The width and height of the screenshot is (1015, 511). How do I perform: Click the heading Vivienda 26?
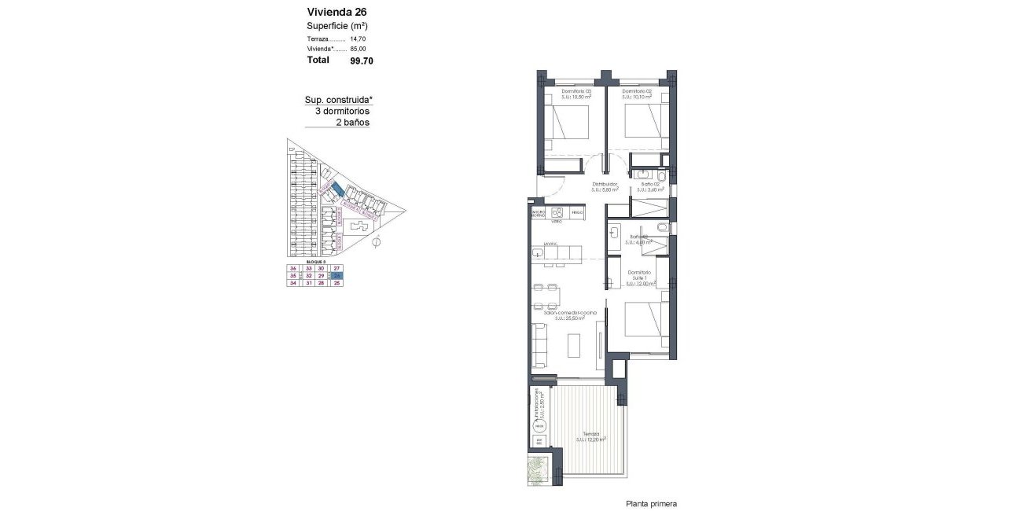(336, 12)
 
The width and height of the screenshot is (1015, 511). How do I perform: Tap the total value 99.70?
(362, 60)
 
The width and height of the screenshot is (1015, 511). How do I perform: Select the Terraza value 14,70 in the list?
(358, 39)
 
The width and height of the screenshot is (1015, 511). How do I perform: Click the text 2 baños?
(352, 123)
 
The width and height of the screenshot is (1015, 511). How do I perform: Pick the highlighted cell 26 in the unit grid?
(336, 276)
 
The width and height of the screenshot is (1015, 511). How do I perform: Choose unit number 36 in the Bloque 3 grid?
(292, 269)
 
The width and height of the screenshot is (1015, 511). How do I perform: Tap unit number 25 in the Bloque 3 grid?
(336, 283)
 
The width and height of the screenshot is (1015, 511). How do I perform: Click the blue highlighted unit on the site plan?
(336, 189)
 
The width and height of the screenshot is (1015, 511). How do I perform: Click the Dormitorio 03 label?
(577, 92)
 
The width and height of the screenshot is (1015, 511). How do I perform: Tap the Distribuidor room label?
(605, 185)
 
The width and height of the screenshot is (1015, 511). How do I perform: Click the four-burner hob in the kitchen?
(558, 211)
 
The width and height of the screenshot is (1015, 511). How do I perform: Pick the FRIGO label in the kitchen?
(578, 212)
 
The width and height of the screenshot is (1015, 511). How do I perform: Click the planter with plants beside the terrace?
(539, 471)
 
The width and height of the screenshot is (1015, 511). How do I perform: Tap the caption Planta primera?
(651, 504)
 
